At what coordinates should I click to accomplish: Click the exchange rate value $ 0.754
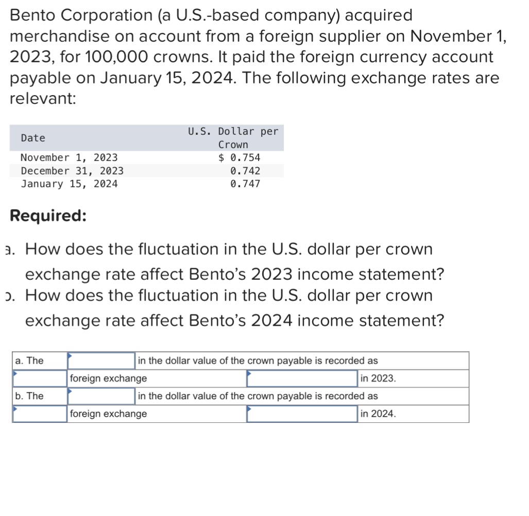coord(240,157)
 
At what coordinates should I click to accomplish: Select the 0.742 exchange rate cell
coord(245,171)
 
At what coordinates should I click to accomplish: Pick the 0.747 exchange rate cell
coord(245,184)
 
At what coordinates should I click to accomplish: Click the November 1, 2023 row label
coord(69,157)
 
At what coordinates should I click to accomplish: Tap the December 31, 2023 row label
coord(72,171)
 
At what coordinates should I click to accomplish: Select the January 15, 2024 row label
coord(69,184)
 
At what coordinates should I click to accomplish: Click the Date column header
coord(33,138)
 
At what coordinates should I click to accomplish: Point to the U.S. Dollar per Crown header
coord(233,138)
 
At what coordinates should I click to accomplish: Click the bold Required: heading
coord(48,216)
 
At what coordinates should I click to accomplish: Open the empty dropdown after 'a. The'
coord(101,361)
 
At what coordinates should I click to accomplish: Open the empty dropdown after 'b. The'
coord(101,396)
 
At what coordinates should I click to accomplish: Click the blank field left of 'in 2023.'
coord(302,379)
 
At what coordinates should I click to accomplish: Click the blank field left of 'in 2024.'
coord(302,414)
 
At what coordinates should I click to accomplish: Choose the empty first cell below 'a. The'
coord(40,379)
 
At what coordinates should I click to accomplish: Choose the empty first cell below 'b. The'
coord(40,414)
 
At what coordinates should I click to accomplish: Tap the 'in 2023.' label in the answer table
coord(378,379)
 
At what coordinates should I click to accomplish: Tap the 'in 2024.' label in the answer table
coord(378,414)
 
